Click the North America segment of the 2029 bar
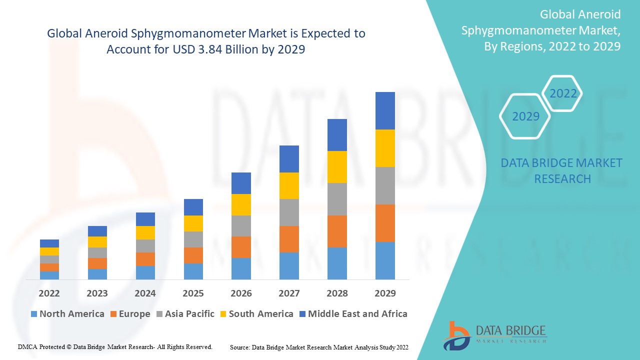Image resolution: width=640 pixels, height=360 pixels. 385,260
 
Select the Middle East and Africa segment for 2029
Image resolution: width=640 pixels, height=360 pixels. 385,110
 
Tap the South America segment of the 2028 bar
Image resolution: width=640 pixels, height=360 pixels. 337,167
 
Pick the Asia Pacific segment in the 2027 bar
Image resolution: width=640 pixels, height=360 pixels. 289,212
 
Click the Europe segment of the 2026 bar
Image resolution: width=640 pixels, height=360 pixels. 241,247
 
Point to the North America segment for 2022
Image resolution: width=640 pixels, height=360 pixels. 49,275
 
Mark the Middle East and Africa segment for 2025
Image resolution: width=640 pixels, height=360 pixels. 193,207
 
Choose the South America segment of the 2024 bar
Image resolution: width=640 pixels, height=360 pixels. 145,232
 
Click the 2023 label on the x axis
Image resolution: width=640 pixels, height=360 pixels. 97,293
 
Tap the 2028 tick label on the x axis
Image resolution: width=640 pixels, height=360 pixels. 337,293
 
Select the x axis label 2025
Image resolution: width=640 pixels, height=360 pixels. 193,293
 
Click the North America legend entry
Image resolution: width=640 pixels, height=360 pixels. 67,314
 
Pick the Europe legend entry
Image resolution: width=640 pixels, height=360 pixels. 129,314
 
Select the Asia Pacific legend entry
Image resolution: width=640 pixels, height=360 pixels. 185,314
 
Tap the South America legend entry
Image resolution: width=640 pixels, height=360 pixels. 256,314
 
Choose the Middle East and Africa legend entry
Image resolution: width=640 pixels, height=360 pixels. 352,314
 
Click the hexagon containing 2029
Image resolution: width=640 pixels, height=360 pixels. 525,116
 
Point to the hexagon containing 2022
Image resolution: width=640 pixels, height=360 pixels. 563,93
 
